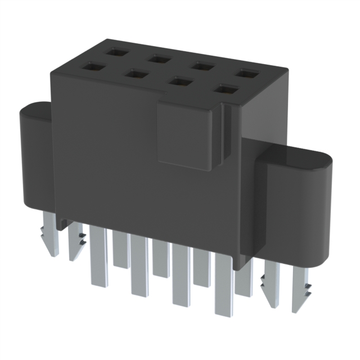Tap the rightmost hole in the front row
226,89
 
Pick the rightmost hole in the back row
246,73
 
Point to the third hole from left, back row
200,66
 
